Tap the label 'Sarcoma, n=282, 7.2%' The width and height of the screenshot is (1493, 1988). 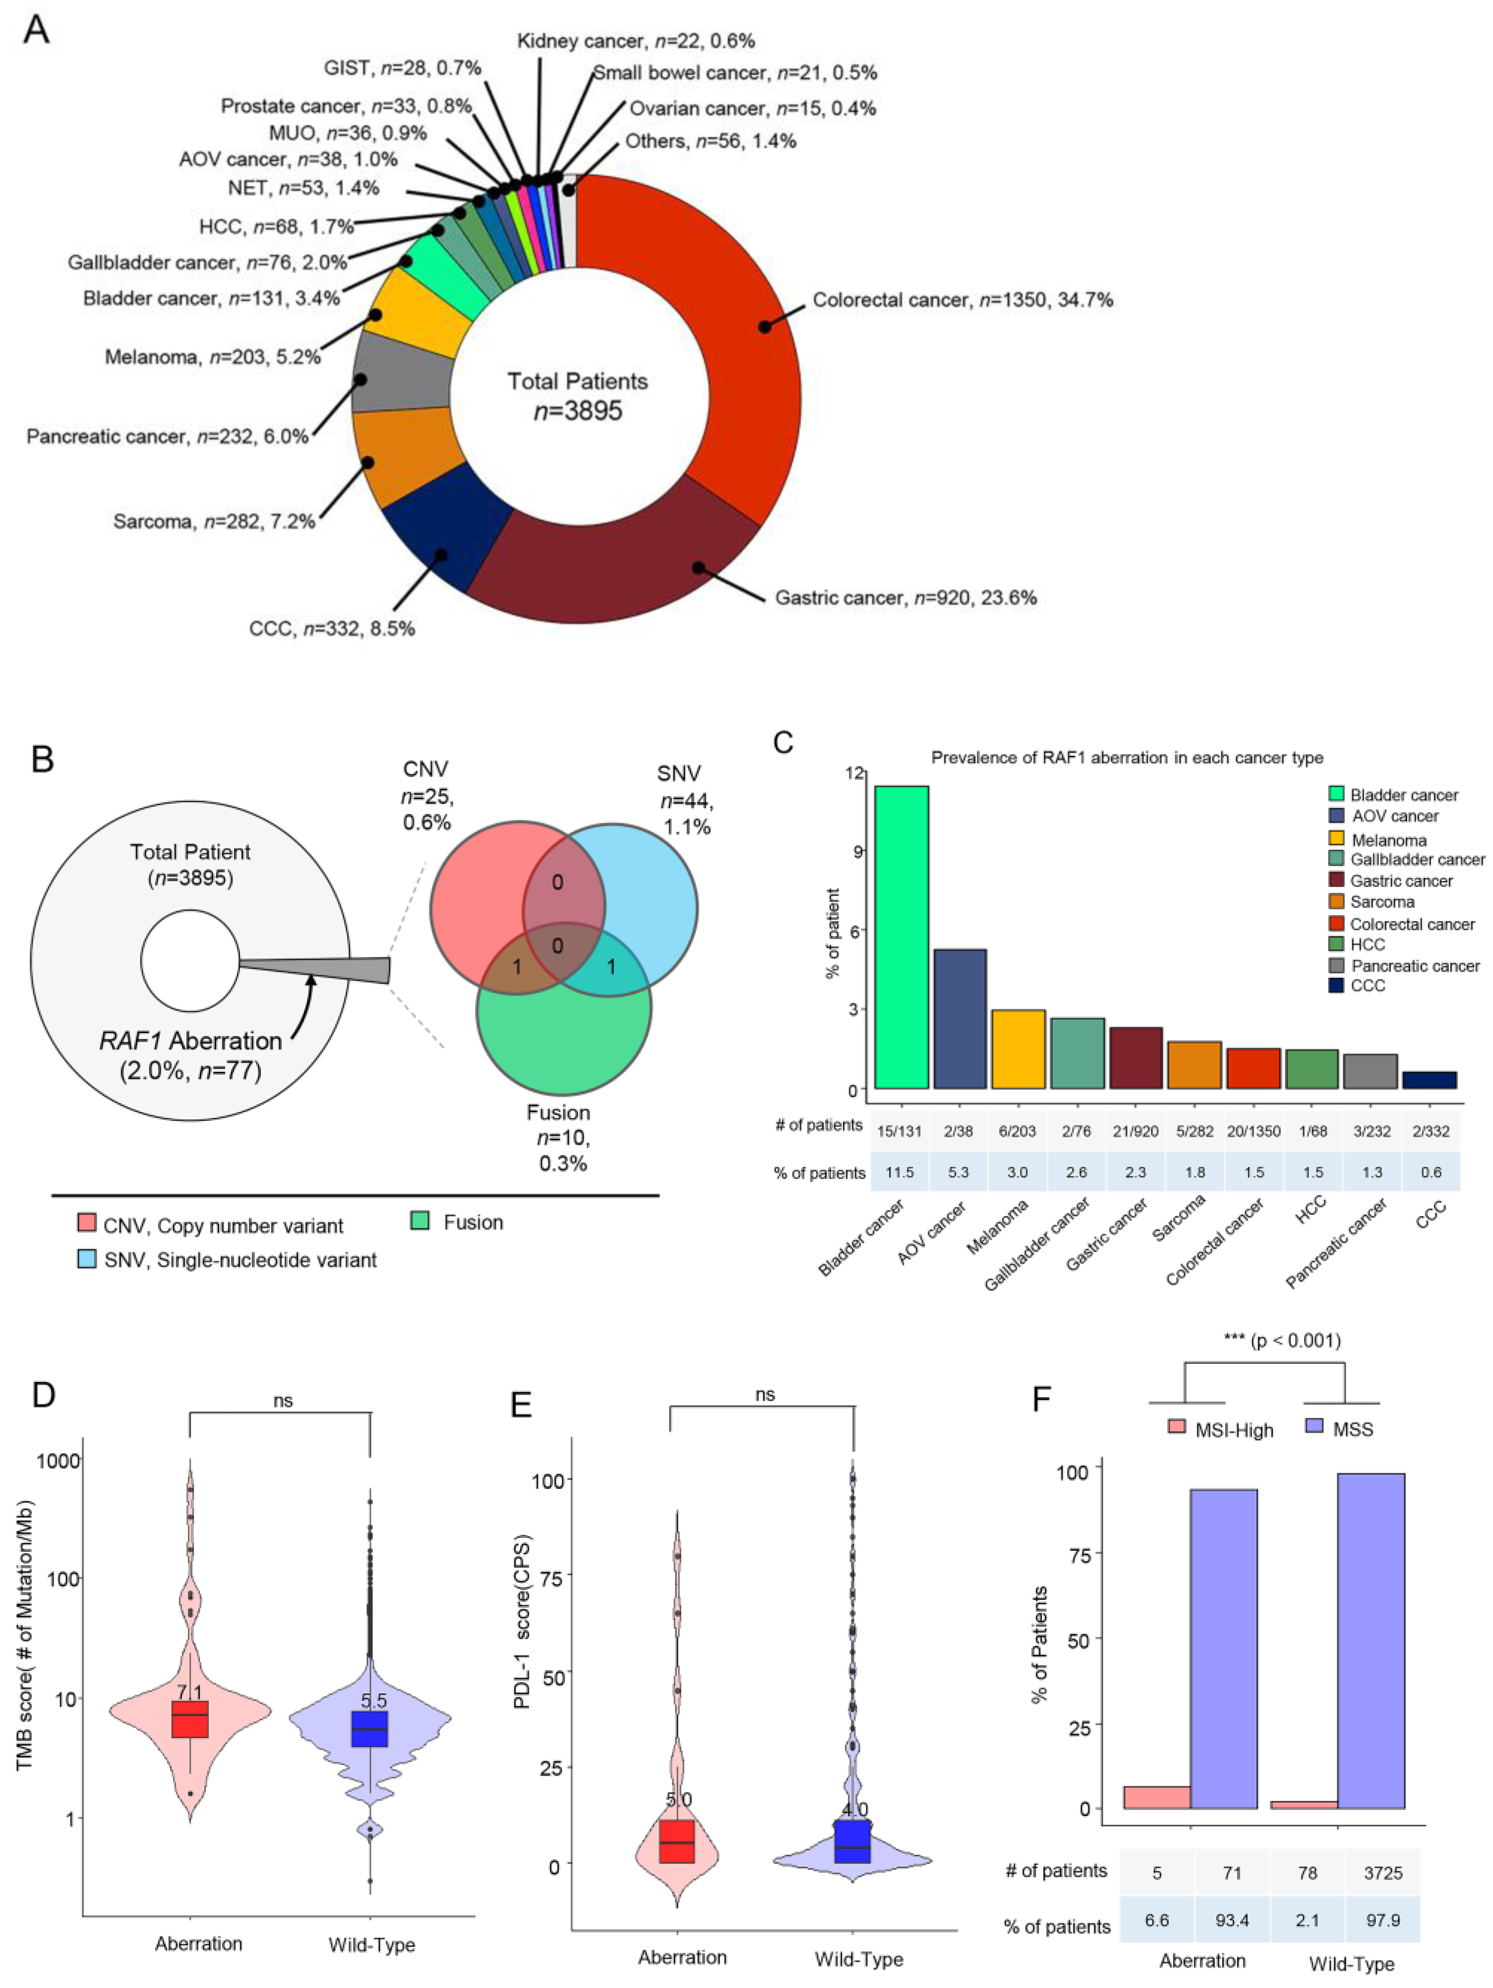214,521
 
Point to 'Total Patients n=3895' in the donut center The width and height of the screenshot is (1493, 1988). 577,396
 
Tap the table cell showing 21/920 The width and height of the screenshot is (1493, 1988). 1135,1131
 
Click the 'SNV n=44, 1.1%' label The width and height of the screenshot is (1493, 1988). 683,799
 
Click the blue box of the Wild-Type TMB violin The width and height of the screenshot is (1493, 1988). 369,1728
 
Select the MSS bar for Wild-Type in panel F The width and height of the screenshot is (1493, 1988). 1371,1639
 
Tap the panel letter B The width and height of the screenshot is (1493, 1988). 42,760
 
